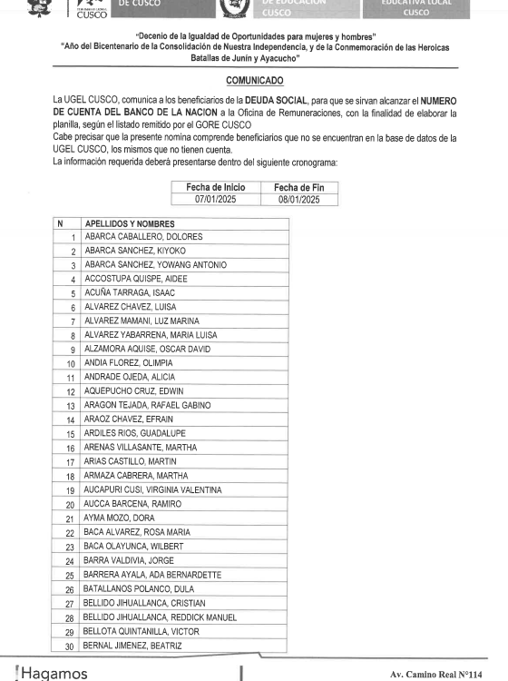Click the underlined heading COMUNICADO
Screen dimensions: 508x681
(253, 81)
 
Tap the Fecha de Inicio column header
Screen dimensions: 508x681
(208, 186)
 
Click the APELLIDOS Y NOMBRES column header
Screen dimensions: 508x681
(130, 223)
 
